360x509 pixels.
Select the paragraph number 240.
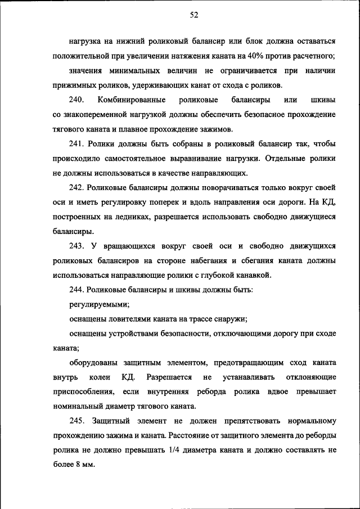(x=76, y=100)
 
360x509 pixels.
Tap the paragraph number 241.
(x=77, y=143)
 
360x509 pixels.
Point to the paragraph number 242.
(x=77, y=187)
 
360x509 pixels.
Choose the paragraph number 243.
(x=77, y=246)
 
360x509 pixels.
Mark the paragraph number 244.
(x=77, y=290)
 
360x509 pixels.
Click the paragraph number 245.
(x=77, y=421)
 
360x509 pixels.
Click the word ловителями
(x=128, y=319)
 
